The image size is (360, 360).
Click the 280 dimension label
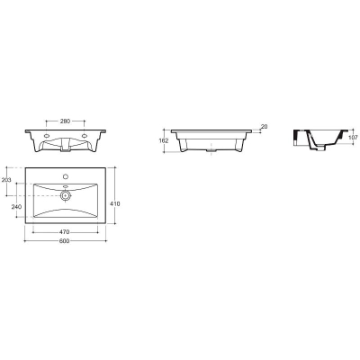click(x=65, y=121)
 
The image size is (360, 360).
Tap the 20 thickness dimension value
click(x=264, y=127)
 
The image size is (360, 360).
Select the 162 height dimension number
click(x=164, y=141)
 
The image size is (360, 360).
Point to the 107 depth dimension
click(x=354, y=138)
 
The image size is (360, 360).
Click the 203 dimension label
click(x=6, y=180)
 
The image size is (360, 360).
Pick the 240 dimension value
click(x=16, y=207)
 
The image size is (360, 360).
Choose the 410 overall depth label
click(x=115, y=204)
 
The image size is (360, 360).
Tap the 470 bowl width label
click(x=65, y=232)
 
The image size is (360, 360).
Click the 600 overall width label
click(x=65, y=241)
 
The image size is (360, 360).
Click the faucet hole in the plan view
click(x=66, y=175)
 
